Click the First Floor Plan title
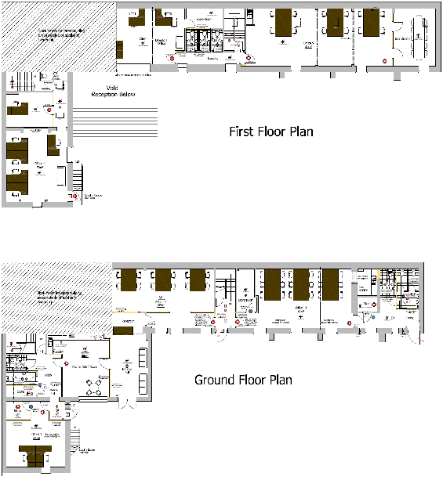click(271, 132)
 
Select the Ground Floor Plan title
click(243, 380)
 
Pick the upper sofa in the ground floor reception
click(141, 356)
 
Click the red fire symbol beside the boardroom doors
click(384, 59)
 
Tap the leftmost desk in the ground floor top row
click(128, 280)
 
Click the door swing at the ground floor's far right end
click(414, 337)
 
